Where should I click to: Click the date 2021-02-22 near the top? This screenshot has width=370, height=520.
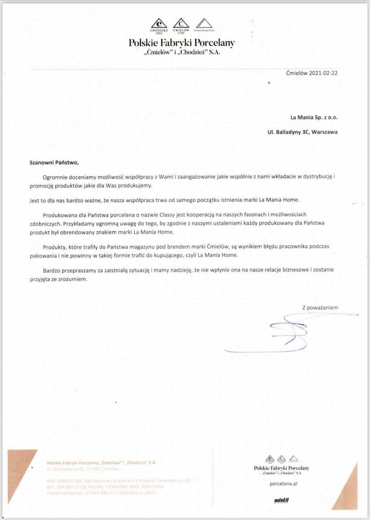point(323,73)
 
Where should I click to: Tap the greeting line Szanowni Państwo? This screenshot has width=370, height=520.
point(54,162)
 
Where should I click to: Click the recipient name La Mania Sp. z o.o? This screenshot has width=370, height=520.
point(314,117)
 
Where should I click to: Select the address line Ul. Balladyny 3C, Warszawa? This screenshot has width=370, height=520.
point(302,132)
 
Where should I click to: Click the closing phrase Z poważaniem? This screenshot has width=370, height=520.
point(320,308)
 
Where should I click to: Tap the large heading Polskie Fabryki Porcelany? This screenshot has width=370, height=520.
point(182,43)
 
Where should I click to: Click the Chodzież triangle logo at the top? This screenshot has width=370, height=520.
point(159,24)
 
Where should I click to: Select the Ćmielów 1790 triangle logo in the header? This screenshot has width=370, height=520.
point(181,24)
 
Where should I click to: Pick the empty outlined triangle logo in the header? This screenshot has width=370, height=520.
point(204,24)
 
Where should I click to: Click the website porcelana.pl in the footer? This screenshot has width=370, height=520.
point(283,484)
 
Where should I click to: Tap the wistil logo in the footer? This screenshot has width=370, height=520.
point(281,500)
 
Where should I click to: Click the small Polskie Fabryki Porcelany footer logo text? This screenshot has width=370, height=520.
point(281,468)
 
